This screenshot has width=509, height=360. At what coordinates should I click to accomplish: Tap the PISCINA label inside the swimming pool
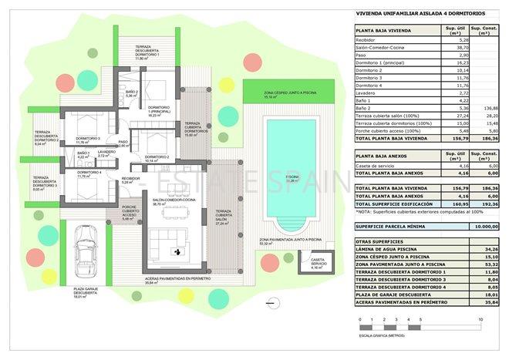pos(292,177)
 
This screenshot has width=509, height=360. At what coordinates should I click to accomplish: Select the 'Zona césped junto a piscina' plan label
pos(271,95)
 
